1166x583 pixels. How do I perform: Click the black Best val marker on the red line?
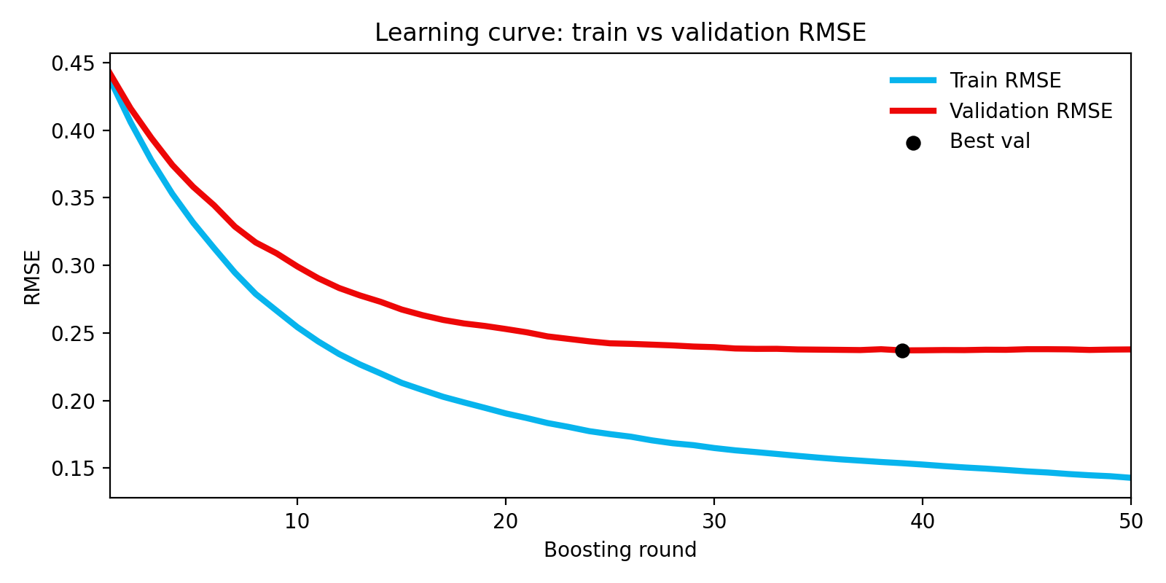point(902,351)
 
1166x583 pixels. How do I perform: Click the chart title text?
point(620,33)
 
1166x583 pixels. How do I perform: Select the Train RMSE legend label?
point(1005,80)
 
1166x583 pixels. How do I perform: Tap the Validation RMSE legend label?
point(1030,111)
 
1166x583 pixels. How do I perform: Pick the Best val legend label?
point(990,141)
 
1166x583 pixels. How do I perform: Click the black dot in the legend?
point(913,143)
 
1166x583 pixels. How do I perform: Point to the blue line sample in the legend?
point(913,80)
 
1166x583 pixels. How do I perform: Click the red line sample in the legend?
point(913,111)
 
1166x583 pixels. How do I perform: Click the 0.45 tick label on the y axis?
point(73,63)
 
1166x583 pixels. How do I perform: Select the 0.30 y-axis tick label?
point(73,266)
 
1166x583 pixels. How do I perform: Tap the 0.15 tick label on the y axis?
point(73,469)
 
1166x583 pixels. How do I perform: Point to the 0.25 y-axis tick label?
point(73,334)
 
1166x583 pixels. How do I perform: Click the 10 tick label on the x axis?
point(297,522)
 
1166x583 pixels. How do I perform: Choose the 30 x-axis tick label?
point(714,522)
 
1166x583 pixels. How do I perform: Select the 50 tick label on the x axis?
point(1130,522)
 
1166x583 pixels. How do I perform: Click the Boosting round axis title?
point(620,550)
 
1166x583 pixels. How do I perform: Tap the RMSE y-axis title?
point(33,277)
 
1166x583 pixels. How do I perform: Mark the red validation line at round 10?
point(297,266)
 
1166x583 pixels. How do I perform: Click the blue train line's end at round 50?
point(1128,477)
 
